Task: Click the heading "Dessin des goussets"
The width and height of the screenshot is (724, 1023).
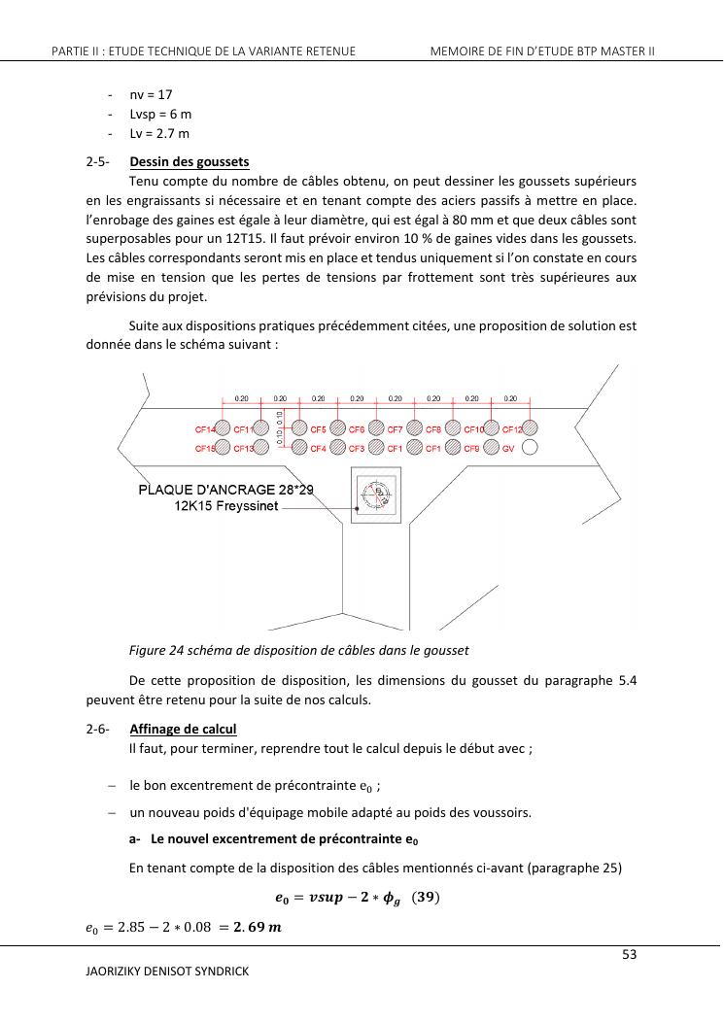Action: click(189, 161)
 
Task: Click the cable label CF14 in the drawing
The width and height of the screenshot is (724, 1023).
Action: click(205, 428)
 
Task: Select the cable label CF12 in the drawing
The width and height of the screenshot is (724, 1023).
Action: click(512, 428)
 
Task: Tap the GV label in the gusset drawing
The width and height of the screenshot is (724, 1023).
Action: click(507, 448)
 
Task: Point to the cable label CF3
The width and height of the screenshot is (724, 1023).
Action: click(356, 448)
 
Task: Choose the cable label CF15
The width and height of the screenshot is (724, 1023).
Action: click(205, 448)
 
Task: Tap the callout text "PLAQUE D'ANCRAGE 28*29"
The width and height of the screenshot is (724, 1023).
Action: click(226, 490)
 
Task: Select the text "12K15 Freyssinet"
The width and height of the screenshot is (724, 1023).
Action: click(226, 506)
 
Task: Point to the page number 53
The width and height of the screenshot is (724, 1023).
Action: click(629, 955)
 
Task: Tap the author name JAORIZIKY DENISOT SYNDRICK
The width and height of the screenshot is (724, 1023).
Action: click(167, 972)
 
